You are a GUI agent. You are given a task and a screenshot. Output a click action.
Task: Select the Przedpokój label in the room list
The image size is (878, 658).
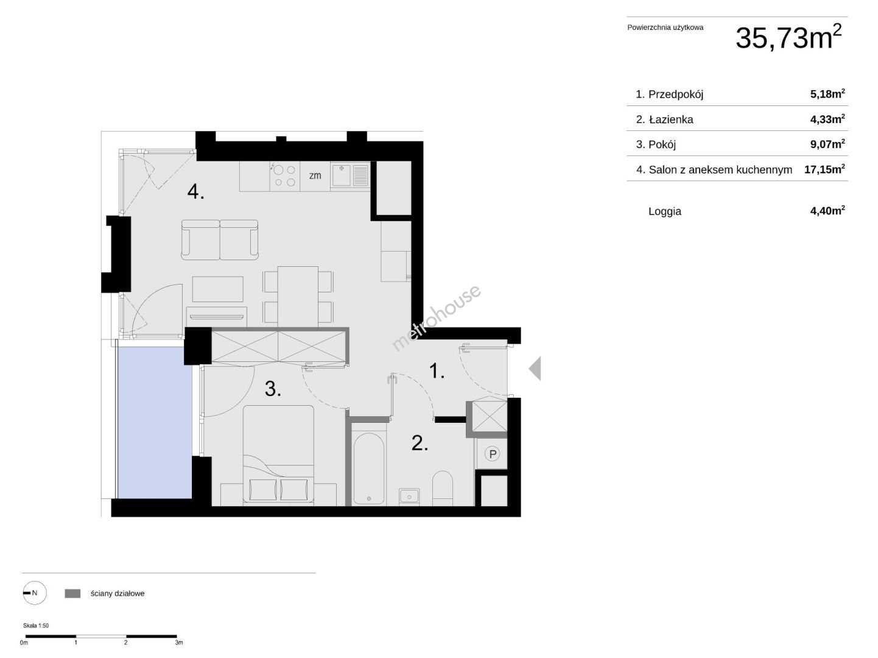(676, 94)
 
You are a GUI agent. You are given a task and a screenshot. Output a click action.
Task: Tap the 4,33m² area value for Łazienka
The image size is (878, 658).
(827, 119)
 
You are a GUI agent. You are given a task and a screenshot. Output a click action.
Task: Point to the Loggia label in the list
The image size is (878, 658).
(664, 211)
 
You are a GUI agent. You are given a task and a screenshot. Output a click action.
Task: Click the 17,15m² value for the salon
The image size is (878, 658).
(824, 169)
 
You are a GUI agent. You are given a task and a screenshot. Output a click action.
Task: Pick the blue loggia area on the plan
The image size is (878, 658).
(155, 423)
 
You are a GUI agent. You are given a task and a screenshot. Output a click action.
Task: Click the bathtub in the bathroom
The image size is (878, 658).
(368, 468)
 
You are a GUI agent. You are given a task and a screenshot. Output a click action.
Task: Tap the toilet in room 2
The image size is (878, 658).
(443, 488)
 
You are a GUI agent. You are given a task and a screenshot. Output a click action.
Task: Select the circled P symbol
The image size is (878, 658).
(493, 454)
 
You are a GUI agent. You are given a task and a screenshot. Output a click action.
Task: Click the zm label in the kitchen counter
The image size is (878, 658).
(315, 175)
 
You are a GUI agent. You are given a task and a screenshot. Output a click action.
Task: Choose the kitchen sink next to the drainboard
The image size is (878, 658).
(341, 175)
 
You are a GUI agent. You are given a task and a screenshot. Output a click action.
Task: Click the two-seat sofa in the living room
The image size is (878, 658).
(220, 240)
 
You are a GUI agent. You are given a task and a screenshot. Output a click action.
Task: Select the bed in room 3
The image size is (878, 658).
(278, 455)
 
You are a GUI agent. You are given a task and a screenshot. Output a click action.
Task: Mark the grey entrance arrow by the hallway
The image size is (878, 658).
(535, 368)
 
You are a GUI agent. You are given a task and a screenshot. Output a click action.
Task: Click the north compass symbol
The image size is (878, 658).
(35, 593)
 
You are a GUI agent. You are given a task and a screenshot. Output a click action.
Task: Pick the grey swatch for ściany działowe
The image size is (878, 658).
(72, 593)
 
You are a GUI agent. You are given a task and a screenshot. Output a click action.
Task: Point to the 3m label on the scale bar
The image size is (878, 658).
(179, 642)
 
